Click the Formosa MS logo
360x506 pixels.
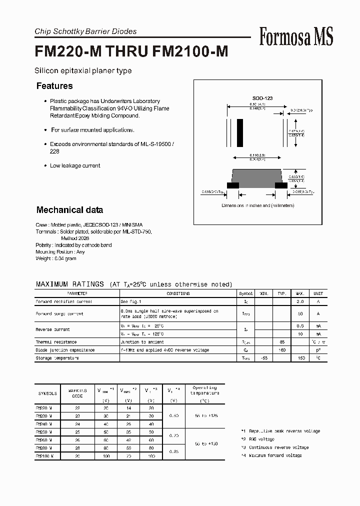click(x=296, y=37)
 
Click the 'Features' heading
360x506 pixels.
click(x=54, y=86)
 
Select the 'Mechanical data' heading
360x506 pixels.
click(x=69, y=210)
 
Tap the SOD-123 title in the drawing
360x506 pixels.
click(x=262, y=98)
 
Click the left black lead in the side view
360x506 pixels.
click(x=232, y=185)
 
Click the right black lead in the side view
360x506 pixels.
click(x=281, y=185)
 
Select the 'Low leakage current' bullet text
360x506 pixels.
click(x=75, y=165)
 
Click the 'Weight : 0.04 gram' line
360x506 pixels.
click(x=56, y=258)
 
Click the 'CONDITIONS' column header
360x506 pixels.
click(x=178, y=294)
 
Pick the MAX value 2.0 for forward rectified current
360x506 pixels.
click(x=301, y=302)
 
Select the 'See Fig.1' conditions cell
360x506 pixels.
click(x=131, y=302)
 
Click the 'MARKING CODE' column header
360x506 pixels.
click(x=77, y=393)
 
